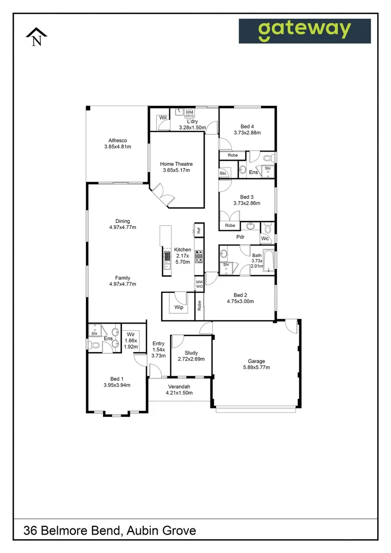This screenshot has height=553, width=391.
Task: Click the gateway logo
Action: coord(305,31)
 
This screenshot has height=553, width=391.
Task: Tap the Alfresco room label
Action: coord(117,140)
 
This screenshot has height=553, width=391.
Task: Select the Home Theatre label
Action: coord(177,164)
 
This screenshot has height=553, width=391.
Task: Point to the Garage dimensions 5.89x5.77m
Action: coord(256,367)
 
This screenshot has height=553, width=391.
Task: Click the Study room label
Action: coord(191,353)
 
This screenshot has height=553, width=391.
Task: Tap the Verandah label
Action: coord(179,386)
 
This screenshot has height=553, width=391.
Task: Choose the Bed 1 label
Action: coord(117,378)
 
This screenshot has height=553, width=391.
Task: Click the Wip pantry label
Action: coord(179,307)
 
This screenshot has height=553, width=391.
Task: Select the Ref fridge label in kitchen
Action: coord(199,230)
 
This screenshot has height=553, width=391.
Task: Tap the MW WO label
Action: coord(199,284)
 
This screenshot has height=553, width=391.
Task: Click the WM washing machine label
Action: coord(189,112)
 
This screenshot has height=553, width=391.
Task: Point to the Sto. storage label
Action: coord(223,174)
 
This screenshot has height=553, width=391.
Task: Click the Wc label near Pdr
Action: coord(265,239)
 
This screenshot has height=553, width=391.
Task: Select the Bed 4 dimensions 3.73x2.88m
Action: coord(247,133)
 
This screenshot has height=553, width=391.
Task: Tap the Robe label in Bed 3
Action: coord(230,225)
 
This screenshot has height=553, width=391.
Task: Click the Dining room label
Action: coord(122,221)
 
